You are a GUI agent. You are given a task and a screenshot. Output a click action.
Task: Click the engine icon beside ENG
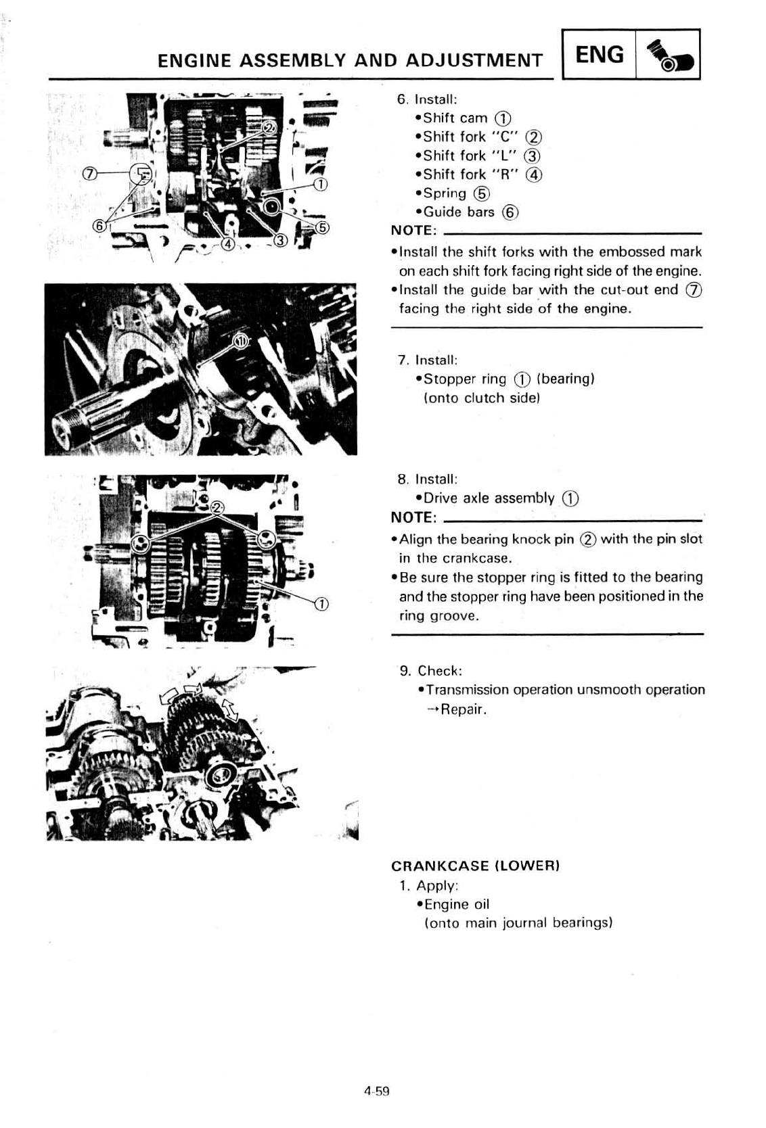(x=667, y=56)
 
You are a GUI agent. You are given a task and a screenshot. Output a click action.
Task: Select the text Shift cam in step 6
(x=455, y=118)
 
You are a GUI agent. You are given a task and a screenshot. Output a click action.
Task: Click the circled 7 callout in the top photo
(x=88, y=174)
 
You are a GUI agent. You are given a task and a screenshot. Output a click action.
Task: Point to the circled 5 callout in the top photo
(x=323, y=227)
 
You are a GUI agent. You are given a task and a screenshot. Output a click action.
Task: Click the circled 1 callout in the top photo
(x=322, y=184)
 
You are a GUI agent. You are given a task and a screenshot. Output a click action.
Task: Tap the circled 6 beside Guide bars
(x=510, y=212)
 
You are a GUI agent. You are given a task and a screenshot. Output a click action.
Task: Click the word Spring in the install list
(x=445, y=193)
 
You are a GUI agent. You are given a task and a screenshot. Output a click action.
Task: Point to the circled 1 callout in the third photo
(x=321, y=604)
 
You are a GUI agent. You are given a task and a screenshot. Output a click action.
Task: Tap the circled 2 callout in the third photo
(x=217, y=508)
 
